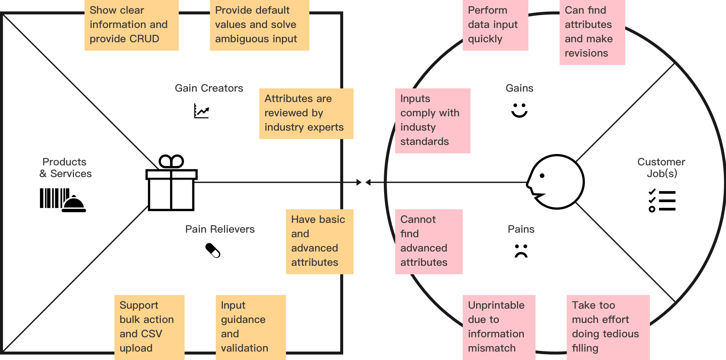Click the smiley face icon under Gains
tap(519, 110)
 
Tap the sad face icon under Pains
tap(521, 251)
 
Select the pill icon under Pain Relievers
tap(213, 251)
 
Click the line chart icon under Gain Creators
tap(201, 111)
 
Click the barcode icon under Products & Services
tap(54, 198)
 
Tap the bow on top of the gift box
tap(171, 161)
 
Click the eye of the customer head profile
tap(542, 176)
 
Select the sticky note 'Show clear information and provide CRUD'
tap(131, 25)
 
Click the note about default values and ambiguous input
tap(259, 25)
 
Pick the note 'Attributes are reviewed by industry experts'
tap(306, 113)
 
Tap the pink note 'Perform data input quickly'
tap(495, 25)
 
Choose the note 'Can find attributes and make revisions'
tap(592, 32)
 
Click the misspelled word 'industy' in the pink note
tap(418, 127)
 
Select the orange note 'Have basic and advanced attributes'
tap(319, 241)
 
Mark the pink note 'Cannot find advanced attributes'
tap(429, 241)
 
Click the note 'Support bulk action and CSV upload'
tap(149, 327)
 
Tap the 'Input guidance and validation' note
tap(251, 327)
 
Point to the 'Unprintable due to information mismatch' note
tap(499, 327)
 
